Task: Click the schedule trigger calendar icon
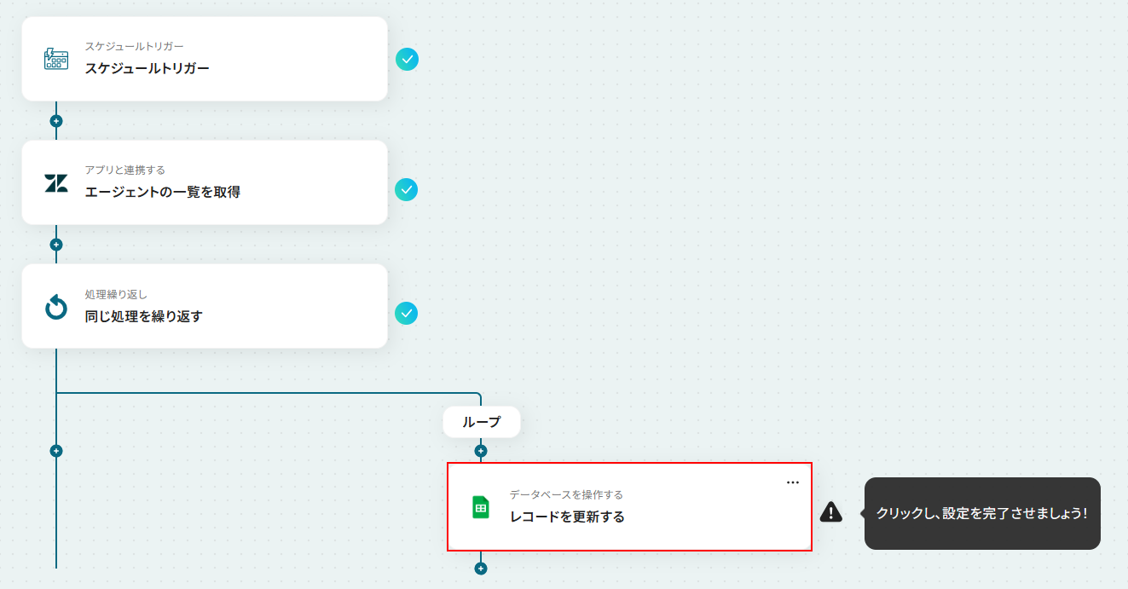pos(56,59)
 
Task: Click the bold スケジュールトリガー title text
pos(147,68)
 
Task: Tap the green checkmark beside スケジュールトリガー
pos(408,59)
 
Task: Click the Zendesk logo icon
pos(56,182)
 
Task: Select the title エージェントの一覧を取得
pos(162,192)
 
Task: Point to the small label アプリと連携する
pos(124,170)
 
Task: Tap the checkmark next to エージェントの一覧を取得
pos(407,190)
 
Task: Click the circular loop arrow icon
pos(56,307)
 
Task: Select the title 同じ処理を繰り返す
pos(143,316)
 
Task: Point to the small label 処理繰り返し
pos(116,294)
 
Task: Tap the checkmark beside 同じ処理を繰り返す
pos(407,314)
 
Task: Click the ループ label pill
pos(481,422)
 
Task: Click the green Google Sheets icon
pos(481,507)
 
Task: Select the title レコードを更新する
pos(567,517)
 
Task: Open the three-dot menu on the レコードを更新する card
pos(793,482)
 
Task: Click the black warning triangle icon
pos(831,511)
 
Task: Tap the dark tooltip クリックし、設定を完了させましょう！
pos(982,513)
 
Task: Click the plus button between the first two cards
pos(56,121)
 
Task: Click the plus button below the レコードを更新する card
pos(481,569)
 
